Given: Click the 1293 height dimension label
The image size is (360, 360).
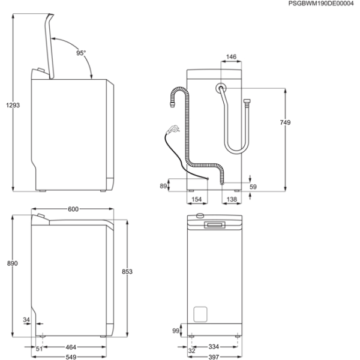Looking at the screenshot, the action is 13,105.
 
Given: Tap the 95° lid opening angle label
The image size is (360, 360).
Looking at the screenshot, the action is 81,53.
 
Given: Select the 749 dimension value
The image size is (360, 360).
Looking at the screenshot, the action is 285,122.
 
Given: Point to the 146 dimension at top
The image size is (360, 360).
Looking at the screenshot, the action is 231,56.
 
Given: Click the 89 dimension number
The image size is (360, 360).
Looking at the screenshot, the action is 163,186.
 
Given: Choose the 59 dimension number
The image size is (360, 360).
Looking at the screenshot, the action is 253,187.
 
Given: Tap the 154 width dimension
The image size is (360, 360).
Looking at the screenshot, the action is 197,199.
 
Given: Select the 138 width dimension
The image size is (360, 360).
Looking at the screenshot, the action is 232,199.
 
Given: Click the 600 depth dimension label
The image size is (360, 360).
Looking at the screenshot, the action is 73,209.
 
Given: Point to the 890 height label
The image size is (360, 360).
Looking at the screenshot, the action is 12,263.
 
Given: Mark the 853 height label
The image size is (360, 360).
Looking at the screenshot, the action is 127,272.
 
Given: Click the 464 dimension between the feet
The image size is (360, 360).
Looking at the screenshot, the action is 71,347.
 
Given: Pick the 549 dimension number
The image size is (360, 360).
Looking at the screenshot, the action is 71,357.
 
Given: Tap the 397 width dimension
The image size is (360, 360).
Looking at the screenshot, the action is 214,357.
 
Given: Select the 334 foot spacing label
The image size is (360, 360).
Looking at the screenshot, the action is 214,346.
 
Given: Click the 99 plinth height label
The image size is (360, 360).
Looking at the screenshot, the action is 176,331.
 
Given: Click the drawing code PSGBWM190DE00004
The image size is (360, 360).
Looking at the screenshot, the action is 321,4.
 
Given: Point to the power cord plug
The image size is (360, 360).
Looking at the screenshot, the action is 173,130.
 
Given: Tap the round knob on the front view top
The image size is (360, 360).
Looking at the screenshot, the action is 200,215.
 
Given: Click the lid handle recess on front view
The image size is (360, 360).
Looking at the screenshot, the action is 215,225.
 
